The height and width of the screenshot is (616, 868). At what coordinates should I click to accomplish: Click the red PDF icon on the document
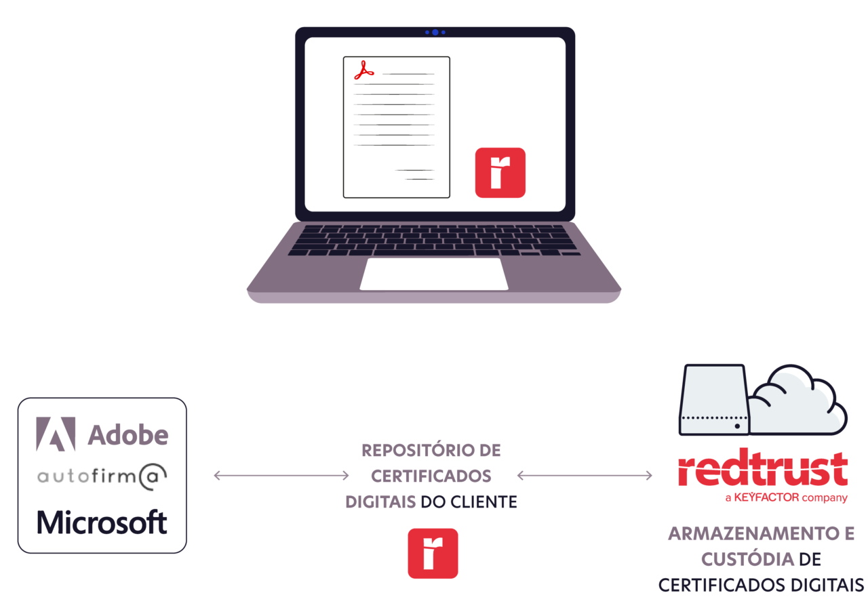[x=364, y=70]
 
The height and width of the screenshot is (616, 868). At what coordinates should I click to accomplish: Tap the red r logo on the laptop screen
[x=500, y=173]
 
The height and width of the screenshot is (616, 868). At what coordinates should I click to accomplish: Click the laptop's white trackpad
[x=434, y=274]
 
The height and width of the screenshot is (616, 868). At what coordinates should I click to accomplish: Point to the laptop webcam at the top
[x=435, y=32]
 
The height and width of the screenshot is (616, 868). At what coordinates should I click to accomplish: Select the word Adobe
[x=128, y=435]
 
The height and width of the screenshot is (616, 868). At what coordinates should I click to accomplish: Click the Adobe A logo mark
[x=56, y=434]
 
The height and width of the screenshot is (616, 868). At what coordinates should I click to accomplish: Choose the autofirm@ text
[x=102, y=477]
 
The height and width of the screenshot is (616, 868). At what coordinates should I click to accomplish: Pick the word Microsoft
[x=102, y=522]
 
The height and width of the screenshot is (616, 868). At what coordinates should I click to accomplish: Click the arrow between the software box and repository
[x=281, y=476]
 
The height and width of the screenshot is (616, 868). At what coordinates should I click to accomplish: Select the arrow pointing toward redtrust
[x=585, y=476]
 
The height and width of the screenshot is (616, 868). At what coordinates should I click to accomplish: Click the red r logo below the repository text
[x=433, y=554]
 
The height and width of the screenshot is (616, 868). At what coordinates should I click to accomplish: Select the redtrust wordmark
[x=763, y=470]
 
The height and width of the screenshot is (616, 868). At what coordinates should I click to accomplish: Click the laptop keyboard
[x=434, y=241]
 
